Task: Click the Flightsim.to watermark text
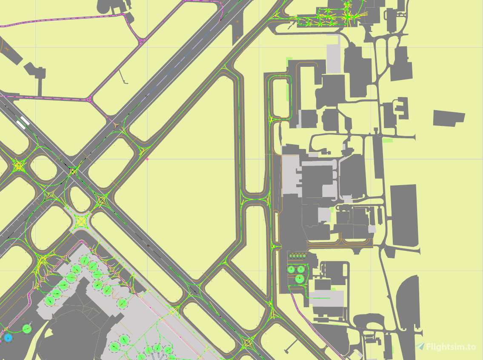point(451,347)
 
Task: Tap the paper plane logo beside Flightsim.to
point(420,346)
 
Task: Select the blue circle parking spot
point(8,338)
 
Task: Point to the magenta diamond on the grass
point(148,159)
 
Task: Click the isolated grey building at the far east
point(448,118)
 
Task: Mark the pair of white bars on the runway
point(23,122)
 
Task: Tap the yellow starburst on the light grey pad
point(80,221)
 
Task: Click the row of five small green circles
point(298,256)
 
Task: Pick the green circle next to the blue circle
point(27,329)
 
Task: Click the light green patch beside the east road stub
point(387,140)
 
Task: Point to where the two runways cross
point(73,171)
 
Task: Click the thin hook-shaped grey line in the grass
point(123,77)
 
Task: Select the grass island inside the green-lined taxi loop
point(280,98)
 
